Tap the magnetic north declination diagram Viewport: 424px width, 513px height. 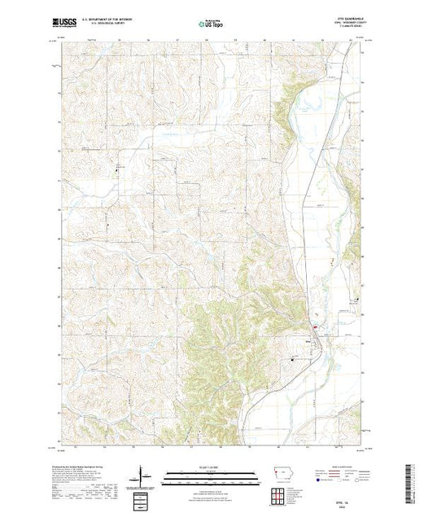pyautogui.click(x=143, y=474)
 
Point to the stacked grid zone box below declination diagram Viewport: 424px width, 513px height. pyautogui.click(x=143, y=495)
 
